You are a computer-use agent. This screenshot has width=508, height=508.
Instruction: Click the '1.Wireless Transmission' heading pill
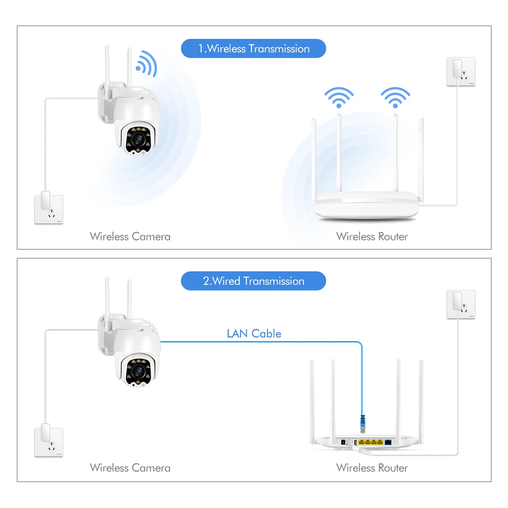tap(253, 48)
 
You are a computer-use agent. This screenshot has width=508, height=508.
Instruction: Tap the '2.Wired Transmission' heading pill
tap(253, 281)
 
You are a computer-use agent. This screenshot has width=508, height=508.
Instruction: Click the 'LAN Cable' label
tap(254, 334)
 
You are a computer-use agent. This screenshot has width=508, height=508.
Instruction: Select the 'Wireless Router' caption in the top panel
tap(372, 236)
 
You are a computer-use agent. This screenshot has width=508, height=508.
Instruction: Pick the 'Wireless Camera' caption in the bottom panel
tap(130, 468)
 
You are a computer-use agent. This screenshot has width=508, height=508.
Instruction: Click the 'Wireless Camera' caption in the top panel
tap(130, 236)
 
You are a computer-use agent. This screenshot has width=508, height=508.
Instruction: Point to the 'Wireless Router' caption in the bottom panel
tap(372, 468)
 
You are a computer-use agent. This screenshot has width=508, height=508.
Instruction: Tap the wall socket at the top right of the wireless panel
tap(461, 72)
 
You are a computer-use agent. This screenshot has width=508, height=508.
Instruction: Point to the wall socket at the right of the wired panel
tap(461, 304)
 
